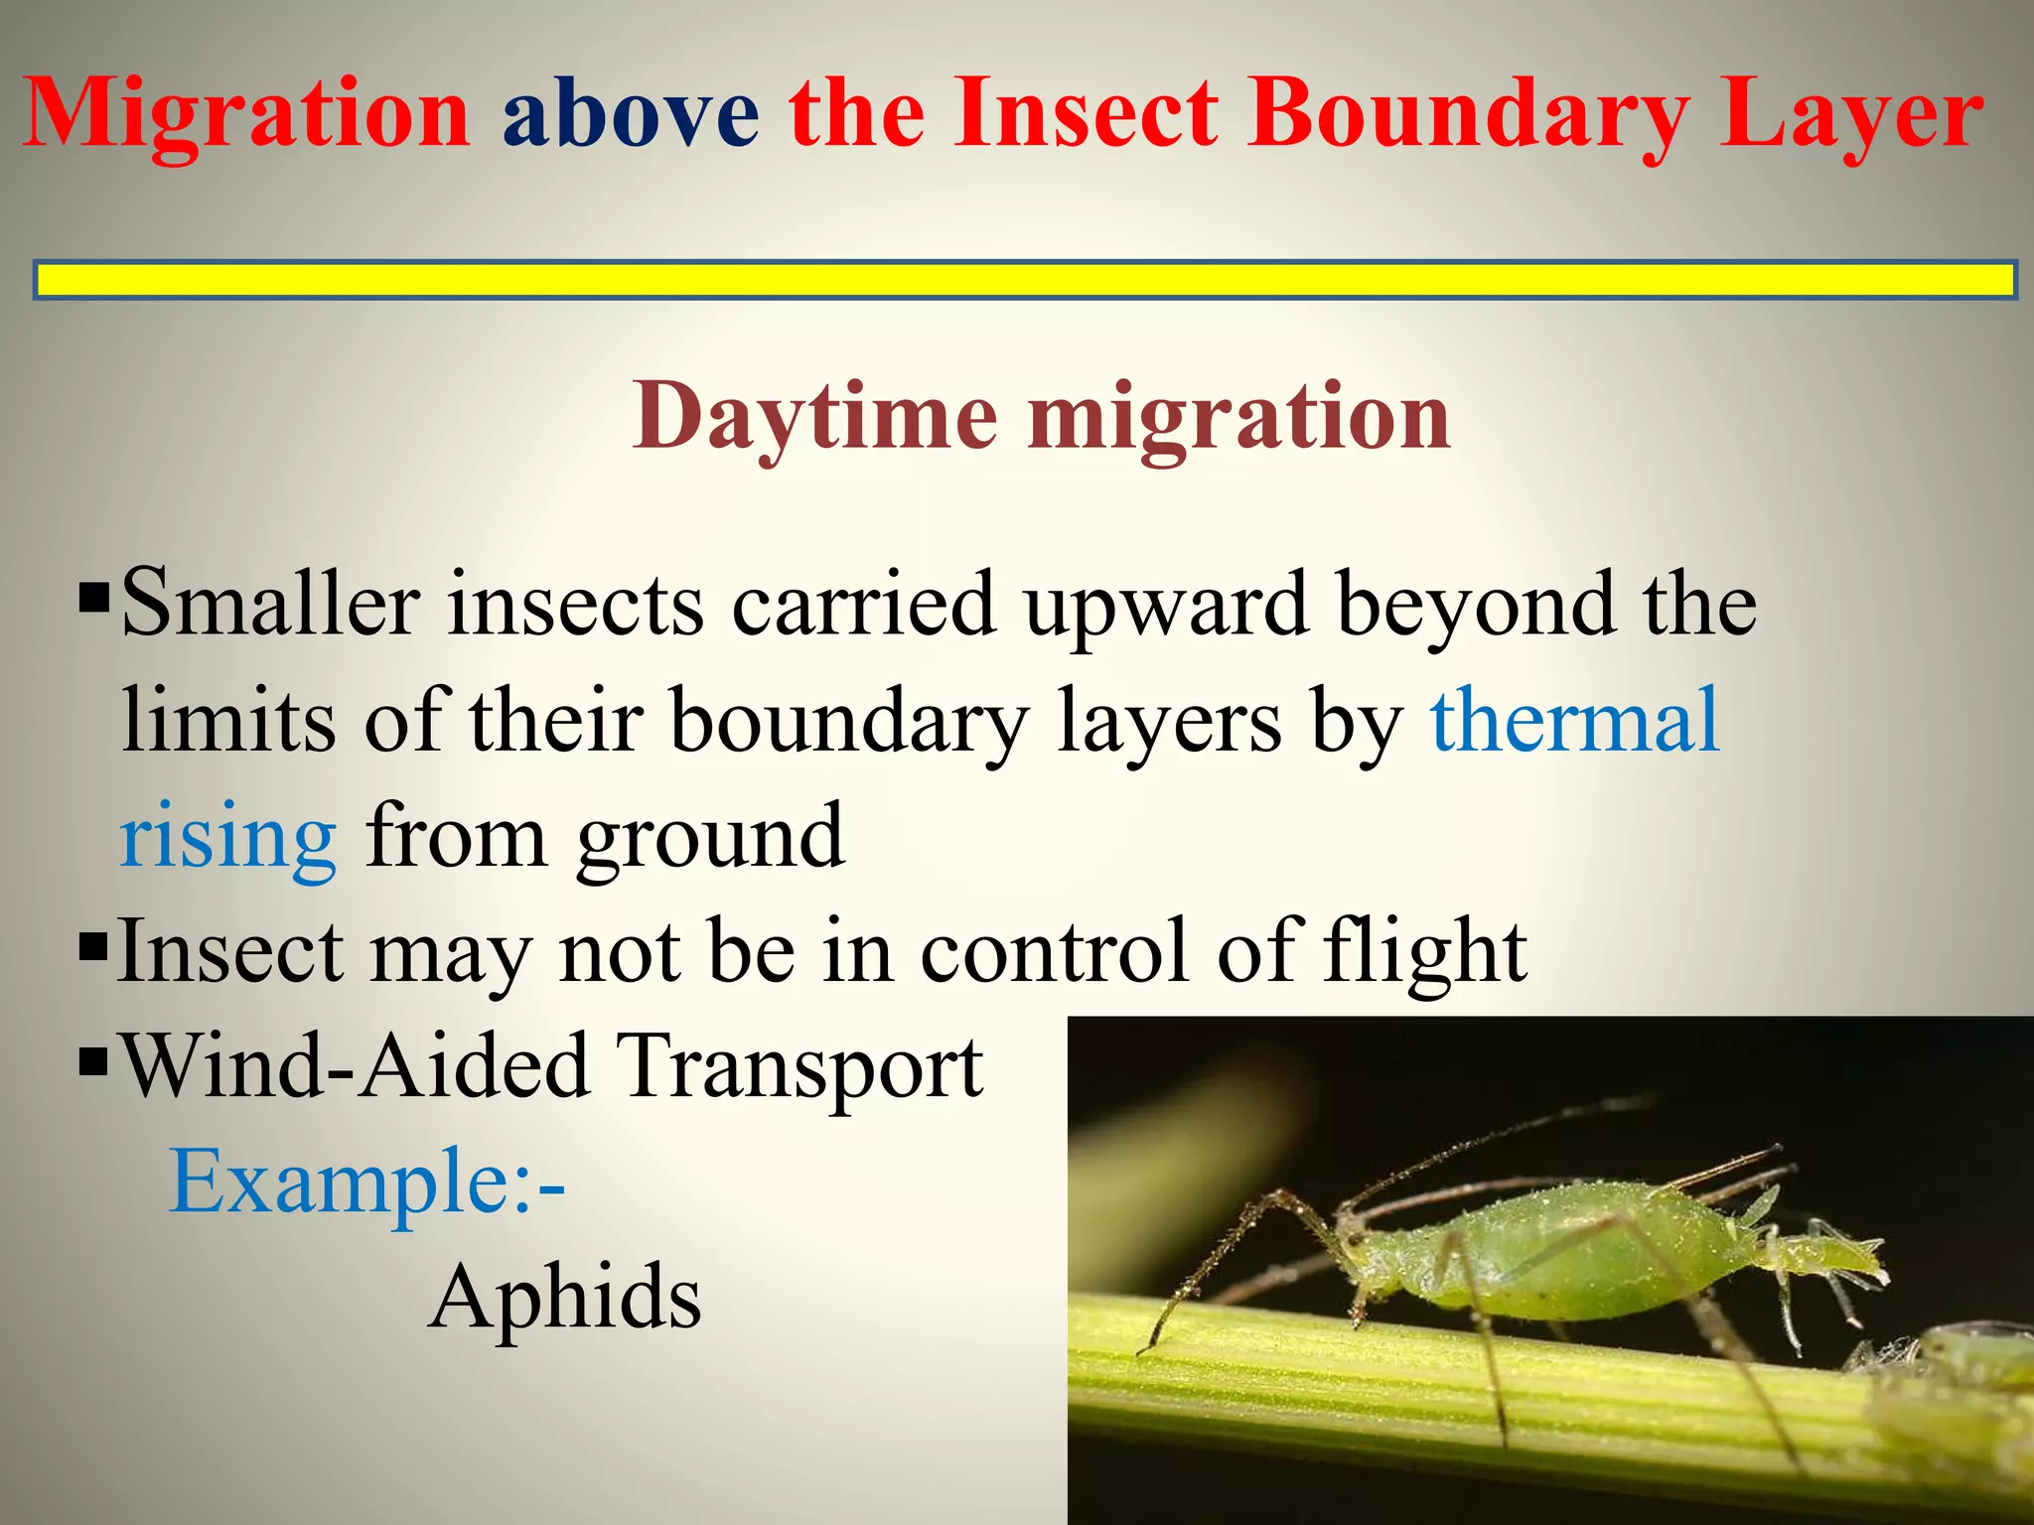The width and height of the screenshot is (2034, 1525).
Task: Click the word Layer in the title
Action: click(x=1851, y=117)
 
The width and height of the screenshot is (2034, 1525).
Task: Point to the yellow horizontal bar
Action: click(x=1023, y=280)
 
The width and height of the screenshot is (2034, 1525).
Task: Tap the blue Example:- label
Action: click(x=367, y=1181)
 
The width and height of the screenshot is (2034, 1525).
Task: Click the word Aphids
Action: click(x=566, y=1298)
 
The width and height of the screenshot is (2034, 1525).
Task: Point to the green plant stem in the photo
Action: click(x=1390, y=1390)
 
